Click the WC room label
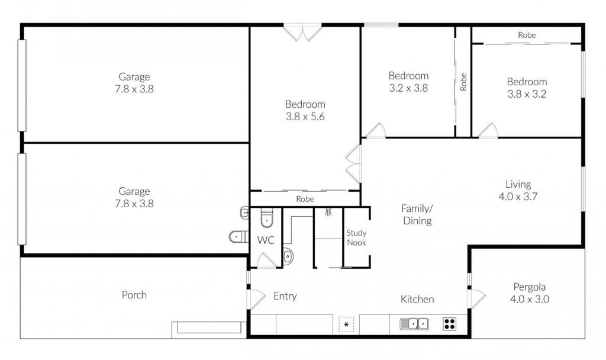click(x=266, y=240)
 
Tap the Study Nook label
click(x=356, y=238)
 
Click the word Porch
click(x=134, y=295)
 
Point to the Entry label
click(x=285, y=296)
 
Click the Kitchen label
click(x=417, y=299)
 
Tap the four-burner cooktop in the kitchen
click(x=450, y=324)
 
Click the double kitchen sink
click(x=414, y=324)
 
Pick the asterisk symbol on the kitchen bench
click(x=346, y=324)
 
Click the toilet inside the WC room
click(x=267, y=219)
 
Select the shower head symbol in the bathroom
click(x=328, y=212)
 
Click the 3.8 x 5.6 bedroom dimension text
click(x=305, y=117)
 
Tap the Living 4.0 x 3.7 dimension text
click(x=518, y=197)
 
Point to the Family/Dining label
click(x=417, y=214)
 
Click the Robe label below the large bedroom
click(x=305, y=199)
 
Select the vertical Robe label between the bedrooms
click(x=463, y=82)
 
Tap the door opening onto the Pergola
click(x=476, y=298)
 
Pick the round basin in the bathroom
click(x=288, y=256)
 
